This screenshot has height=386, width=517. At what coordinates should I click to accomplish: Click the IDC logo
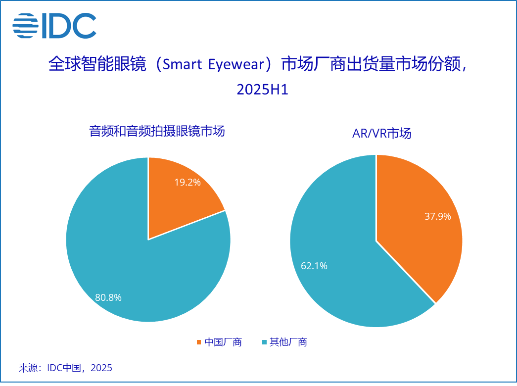click(54, 25)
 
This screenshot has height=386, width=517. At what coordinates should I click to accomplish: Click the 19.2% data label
click(187, 182)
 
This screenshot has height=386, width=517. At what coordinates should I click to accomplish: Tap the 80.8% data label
click(108, 297)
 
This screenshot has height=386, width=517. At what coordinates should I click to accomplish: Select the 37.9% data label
click(437, 216)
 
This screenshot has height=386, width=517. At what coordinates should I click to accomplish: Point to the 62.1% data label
click(314, 266)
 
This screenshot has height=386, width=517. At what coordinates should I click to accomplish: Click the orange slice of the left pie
click(178, 198)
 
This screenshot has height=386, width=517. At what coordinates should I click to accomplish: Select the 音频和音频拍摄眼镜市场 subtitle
click(157, 131)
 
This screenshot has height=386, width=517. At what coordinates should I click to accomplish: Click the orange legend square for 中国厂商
click(199, 342)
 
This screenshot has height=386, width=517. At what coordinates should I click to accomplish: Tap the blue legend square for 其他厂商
click(264, 342)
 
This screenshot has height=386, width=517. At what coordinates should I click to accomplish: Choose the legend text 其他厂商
click(288, 342)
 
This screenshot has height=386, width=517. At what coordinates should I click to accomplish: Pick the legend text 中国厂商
click(223, 342)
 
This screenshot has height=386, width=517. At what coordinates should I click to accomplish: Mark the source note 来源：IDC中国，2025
click(65, 368)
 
